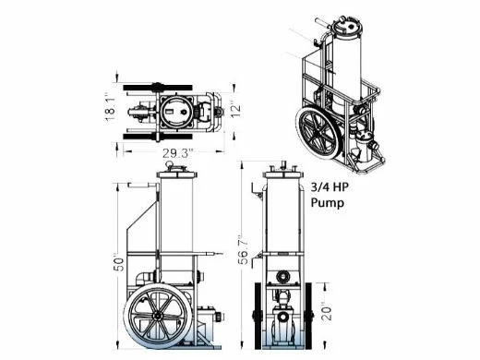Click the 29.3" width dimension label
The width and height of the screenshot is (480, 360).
pyautogui.click(x=178, y=153)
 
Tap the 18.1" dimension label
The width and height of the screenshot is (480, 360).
pyautogui.click(x=111, y=106)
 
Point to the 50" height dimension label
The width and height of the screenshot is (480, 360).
pyautogui.click(x=118, y=263)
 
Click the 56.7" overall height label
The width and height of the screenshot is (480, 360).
pyautogui.click(x=244, y=249)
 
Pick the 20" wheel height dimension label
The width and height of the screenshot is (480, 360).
pyautogui.click(x=327, y=313)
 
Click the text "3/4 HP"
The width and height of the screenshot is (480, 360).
pyautogui.click(x=330, y=186)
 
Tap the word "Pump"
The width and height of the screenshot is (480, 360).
pyautogui.click(x=327, y=203)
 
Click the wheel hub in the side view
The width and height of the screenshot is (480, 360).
pyautogui.click(x=158, y=316)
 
